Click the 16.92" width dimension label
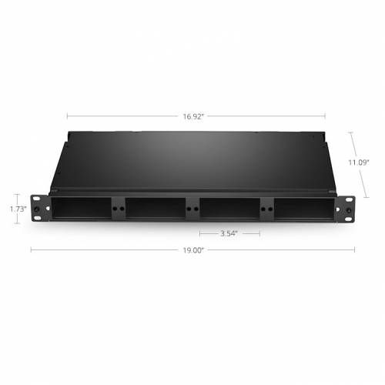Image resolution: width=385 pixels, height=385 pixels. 193,116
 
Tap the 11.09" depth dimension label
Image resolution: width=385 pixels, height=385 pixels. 359,162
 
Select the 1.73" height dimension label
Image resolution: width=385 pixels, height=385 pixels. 18,209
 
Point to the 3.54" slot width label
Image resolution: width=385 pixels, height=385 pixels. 229,233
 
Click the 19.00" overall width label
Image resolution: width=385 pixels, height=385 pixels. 193,250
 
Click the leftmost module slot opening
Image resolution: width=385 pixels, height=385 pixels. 82,208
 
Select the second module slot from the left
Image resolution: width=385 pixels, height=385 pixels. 156,208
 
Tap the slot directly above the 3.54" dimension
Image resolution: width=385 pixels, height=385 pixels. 229,208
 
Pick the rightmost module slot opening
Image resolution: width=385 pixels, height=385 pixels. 304,209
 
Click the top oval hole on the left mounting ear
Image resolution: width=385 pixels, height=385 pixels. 37,199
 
